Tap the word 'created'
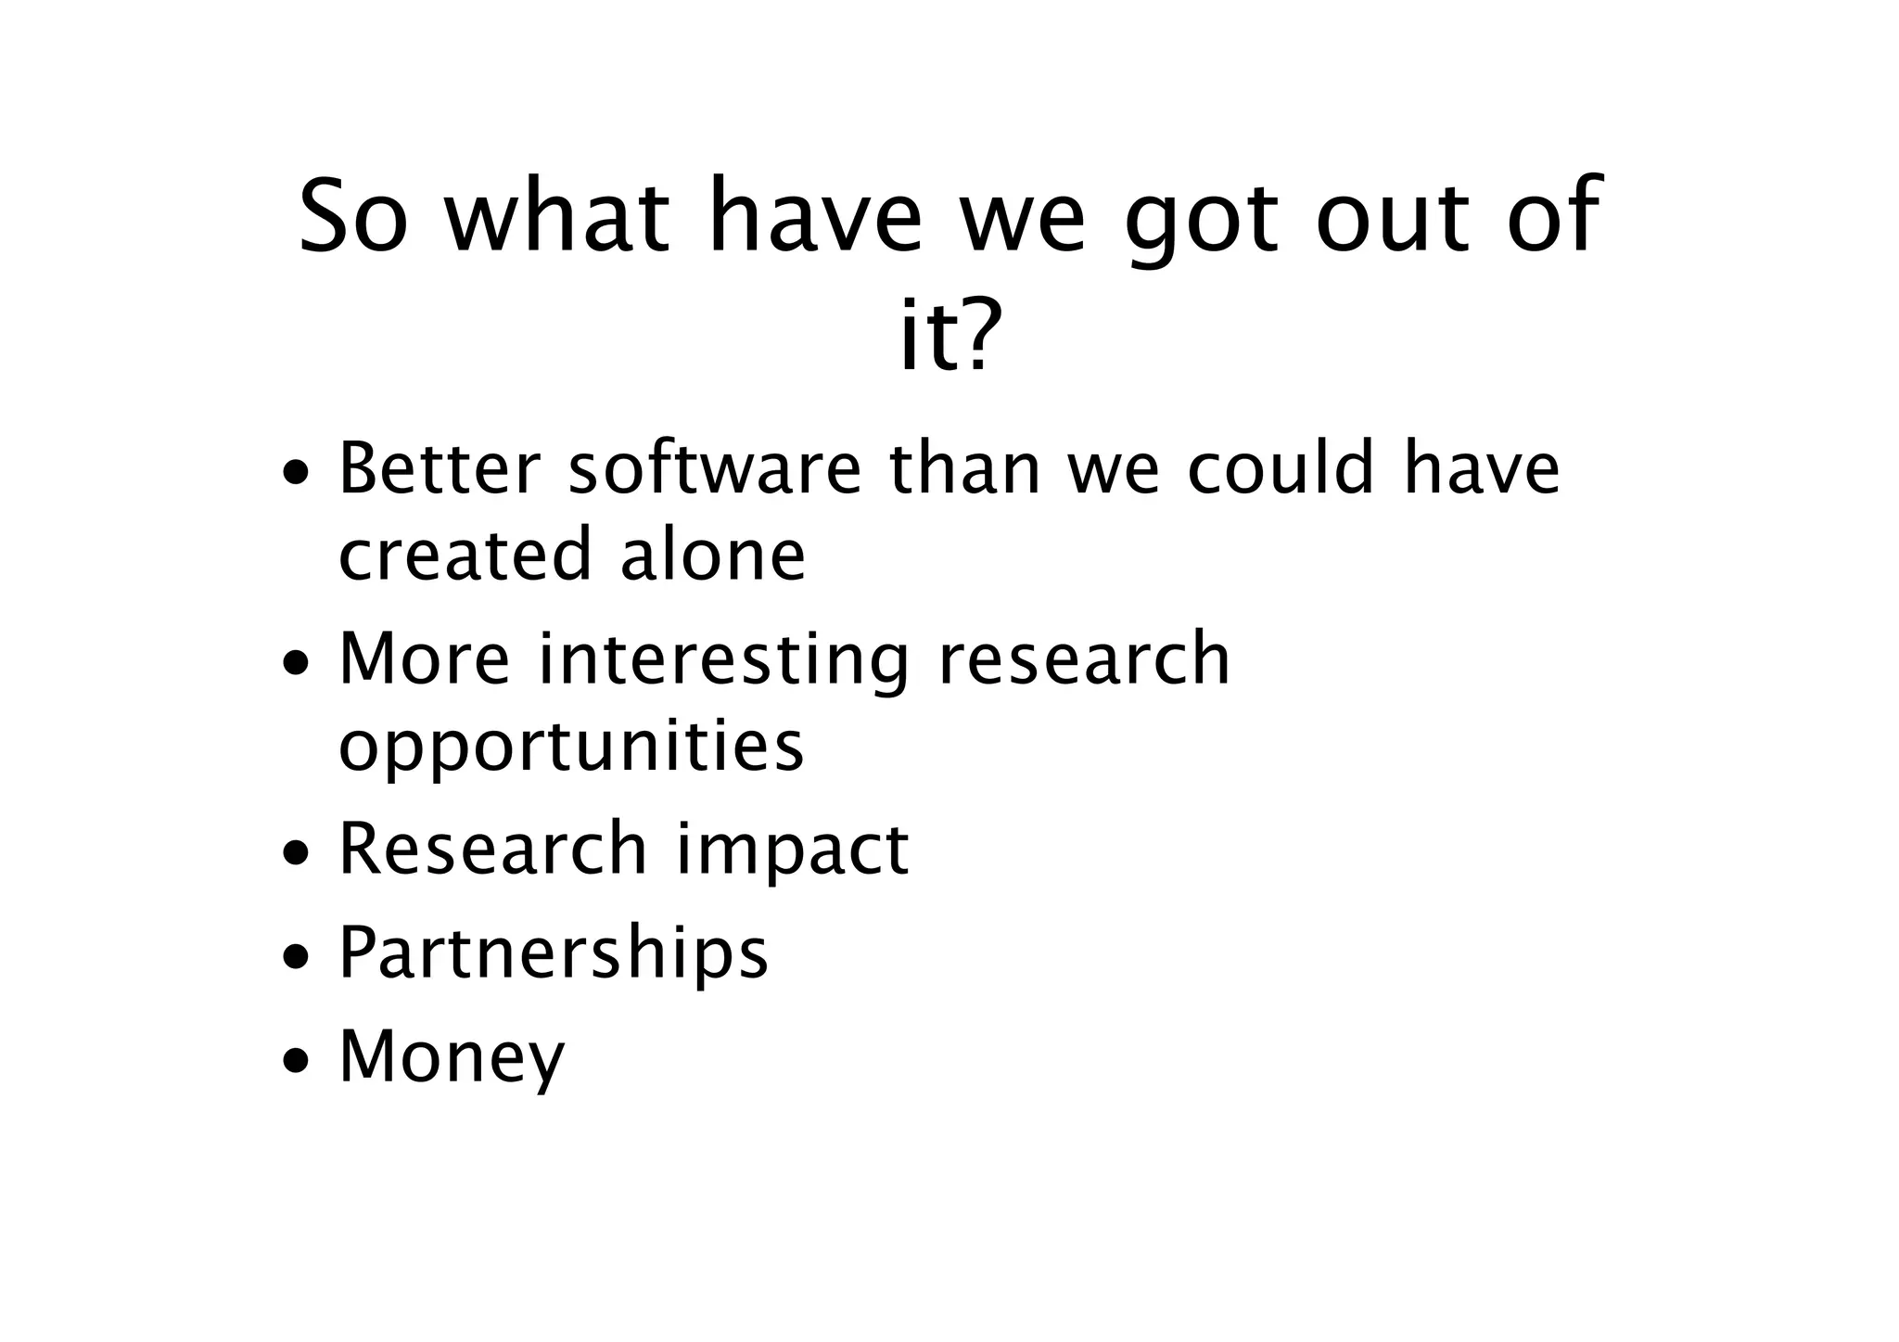(465, 555)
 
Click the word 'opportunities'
(571, 746)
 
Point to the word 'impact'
(792, 851)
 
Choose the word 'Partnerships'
(554, 953)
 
